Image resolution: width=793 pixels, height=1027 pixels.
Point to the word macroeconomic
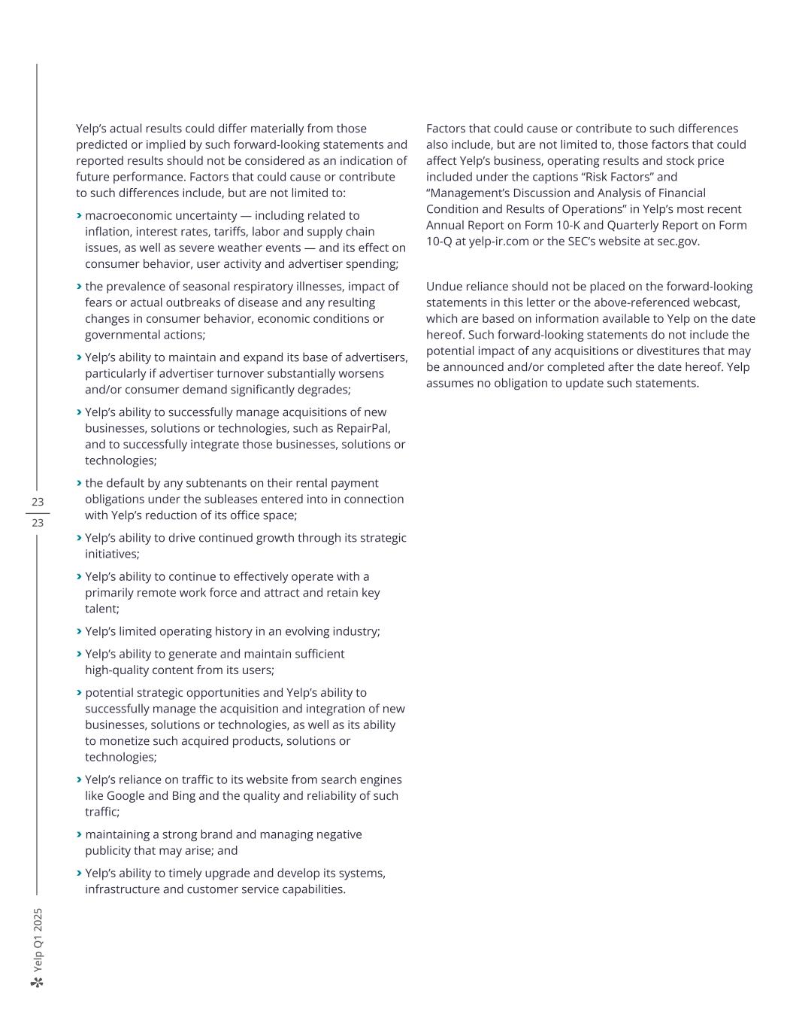tap(126, 215)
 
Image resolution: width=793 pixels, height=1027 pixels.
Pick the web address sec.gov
tap(675, 242)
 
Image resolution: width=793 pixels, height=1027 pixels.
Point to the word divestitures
tap(664, 351)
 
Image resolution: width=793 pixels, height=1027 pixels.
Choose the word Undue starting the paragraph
tap(443, 287)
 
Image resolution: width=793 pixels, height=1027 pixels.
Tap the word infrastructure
tap(123, 889)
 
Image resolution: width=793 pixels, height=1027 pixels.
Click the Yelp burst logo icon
tap(38, 982)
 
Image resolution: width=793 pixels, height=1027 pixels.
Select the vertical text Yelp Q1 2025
tap(38, 940)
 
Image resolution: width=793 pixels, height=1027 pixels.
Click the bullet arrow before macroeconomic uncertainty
tap(79, 215)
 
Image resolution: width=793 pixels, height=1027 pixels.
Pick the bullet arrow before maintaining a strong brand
tap(79, 834)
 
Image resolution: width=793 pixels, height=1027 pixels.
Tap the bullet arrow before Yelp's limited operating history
tap(79, 631)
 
